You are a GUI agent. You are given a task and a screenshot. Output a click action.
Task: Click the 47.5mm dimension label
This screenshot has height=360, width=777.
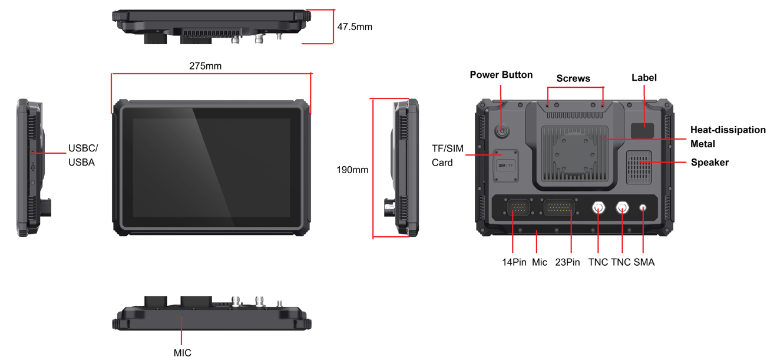355,27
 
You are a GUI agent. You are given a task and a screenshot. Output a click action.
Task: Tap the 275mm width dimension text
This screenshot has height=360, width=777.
206,66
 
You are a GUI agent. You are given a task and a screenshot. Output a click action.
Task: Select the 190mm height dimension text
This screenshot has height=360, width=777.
352,170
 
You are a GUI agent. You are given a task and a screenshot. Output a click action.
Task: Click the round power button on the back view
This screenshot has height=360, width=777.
501,131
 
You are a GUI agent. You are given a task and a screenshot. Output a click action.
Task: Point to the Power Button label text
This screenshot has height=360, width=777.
501,75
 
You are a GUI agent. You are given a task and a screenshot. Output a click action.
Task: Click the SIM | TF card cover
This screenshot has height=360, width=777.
506,166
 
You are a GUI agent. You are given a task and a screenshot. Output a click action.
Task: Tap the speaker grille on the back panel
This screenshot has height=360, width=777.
639,167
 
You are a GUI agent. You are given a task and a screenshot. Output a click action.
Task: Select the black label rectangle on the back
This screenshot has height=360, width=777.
643,131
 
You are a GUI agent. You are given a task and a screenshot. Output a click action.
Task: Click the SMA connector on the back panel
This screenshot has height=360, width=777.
643,208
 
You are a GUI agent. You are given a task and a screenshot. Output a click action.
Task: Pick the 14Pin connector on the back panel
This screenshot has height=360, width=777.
518,208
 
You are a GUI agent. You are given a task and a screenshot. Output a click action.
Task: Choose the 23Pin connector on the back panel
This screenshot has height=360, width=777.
559,208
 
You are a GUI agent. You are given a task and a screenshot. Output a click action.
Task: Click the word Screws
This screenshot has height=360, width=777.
573,78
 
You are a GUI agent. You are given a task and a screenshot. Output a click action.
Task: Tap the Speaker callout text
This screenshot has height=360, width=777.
710,162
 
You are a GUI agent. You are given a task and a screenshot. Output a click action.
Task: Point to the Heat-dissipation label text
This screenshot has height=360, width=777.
728,130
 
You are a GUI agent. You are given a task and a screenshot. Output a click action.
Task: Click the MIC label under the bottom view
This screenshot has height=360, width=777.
183,353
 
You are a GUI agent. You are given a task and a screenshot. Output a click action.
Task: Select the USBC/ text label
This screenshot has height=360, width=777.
83,148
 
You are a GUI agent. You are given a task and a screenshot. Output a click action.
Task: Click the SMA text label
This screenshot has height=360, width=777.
644,262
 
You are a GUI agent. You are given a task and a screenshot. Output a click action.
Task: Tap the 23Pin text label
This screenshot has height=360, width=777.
567,262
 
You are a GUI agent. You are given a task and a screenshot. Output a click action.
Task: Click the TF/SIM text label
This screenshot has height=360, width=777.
448,149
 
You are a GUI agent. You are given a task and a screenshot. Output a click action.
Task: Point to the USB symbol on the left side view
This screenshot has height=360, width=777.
33,168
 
